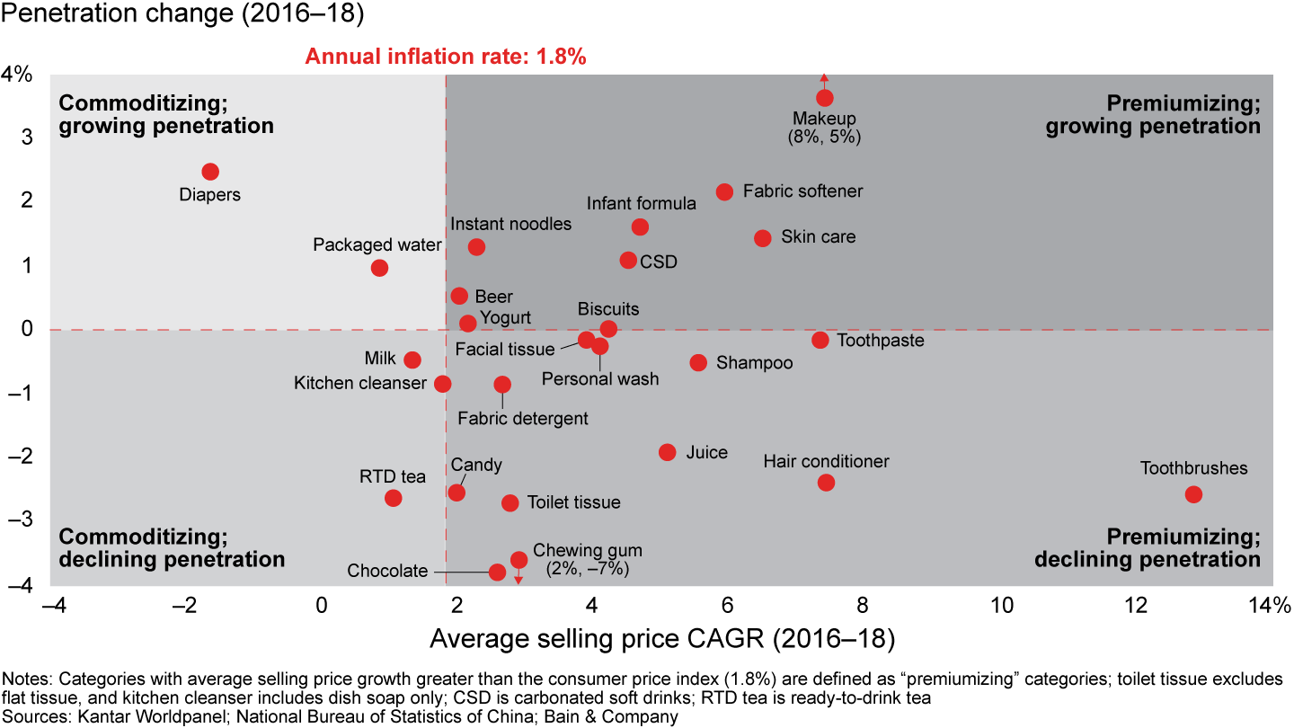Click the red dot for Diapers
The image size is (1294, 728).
tap(210, 172)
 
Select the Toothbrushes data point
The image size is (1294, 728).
tap(1193, 494)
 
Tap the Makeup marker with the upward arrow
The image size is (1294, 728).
tap(825, 97)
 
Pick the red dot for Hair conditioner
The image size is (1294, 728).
tap(827, 483)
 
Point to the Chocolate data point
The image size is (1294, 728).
tap(497, 572)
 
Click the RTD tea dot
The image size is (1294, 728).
tap(393, 498)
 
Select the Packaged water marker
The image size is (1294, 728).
tap(379, 268)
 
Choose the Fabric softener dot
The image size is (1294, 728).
tap(724, 191)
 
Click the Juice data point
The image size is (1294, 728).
tap(667, 452)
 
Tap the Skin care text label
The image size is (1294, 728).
tap(818, 237)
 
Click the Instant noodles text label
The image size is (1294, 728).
tap(510, 224)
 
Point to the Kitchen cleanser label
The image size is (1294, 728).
tap(359, 384)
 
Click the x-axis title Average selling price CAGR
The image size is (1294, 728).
tap(663, 639)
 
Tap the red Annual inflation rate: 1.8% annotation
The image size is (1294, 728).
tap(446, 57)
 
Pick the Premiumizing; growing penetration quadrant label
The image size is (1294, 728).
tap(1153, 114)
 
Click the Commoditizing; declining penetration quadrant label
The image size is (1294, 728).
tap(172, 548)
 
